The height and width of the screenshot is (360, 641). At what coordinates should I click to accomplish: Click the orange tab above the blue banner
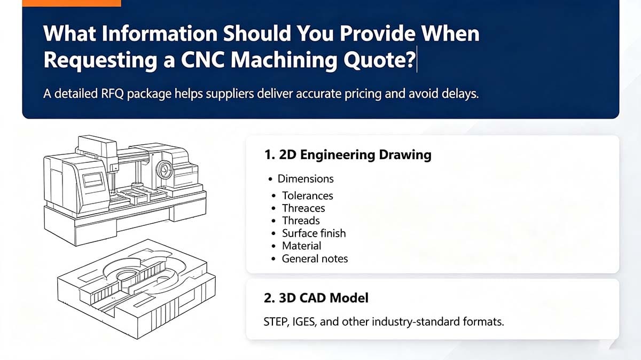[x=72, y=3]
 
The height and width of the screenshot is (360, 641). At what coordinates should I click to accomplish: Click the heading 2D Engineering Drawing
[x=348, y=155]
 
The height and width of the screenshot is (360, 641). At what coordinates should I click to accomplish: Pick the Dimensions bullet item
[x=306, y=179]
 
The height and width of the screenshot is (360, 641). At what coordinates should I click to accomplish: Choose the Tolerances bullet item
[x=308, y=195]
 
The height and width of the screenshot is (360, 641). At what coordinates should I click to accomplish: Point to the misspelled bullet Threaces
[x=303, y=208]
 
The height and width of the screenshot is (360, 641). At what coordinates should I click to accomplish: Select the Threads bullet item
[x=301, y=221]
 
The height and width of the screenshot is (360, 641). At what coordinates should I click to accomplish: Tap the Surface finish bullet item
[x=314, y=233]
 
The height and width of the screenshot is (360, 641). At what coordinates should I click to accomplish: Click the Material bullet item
[x=302, y=246]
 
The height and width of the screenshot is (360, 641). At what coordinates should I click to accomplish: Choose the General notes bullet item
[x=315, y=259]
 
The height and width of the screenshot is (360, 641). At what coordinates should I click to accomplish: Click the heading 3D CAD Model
[x=316, y=298]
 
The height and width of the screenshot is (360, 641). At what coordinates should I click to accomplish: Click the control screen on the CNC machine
[x=93, y=180]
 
